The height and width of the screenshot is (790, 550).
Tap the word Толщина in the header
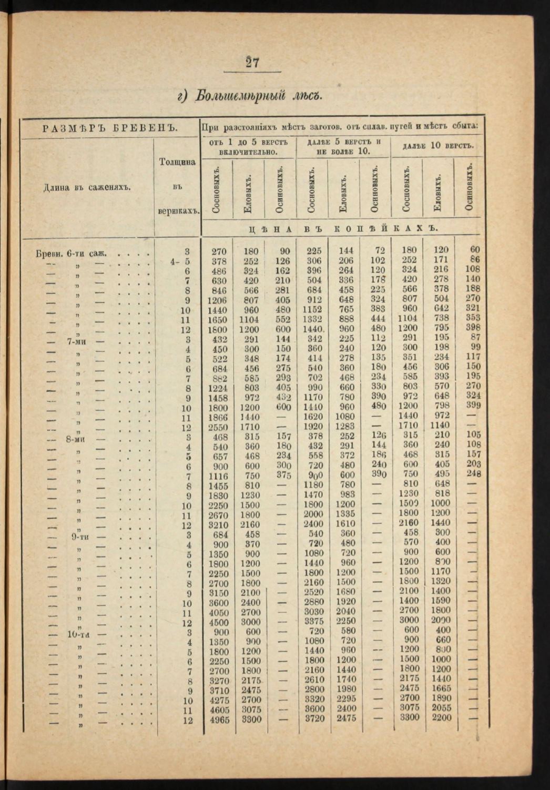(177, 162)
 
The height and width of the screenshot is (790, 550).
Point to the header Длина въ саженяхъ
(87, 187)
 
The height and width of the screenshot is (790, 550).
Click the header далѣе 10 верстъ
(437, 146)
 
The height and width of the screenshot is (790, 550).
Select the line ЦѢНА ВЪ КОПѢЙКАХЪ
(341, 228)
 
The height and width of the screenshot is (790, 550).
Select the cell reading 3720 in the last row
(314, 718)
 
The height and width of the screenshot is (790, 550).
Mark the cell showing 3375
(314, 621)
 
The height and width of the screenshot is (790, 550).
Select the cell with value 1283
(345, 426)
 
